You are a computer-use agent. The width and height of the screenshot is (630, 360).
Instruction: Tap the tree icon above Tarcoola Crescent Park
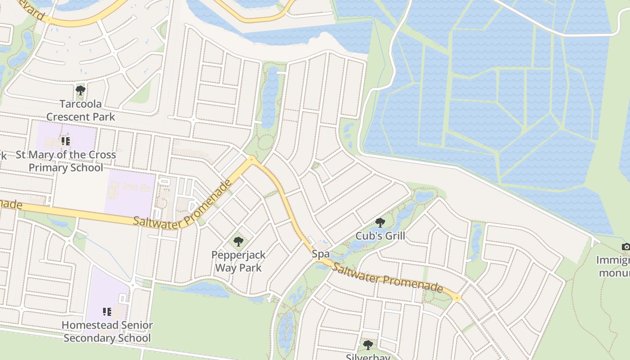[x=81, y=90]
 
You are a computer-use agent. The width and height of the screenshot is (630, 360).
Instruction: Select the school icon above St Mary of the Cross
[x=66, y=141]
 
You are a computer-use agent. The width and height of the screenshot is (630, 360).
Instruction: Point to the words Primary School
[x=66, y=167]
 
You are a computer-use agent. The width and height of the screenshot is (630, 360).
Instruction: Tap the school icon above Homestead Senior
[x=107, y=311]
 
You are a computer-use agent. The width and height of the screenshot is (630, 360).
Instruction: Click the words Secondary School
[x=107, y=338]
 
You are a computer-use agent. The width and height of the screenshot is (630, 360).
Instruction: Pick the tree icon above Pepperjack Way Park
[x=238, y=242]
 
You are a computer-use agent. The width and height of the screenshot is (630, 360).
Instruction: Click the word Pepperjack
[x=238, y=255]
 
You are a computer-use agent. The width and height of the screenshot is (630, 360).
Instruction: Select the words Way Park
[x=238, y=268]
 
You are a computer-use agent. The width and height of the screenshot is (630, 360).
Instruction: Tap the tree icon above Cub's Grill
[x=380, y=222]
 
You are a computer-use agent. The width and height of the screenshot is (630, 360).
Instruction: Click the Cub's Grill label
[x=380, y=235]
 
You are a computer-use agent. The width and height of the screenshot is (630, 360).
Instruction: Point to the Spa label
[x=321, y=254]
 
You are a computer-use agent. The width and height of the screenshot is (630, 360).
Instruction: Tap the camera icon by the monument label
[x=625, y=247]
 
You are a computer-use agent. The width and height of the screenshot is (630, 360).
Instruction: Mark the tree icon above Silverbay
[x=368, y=345]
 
